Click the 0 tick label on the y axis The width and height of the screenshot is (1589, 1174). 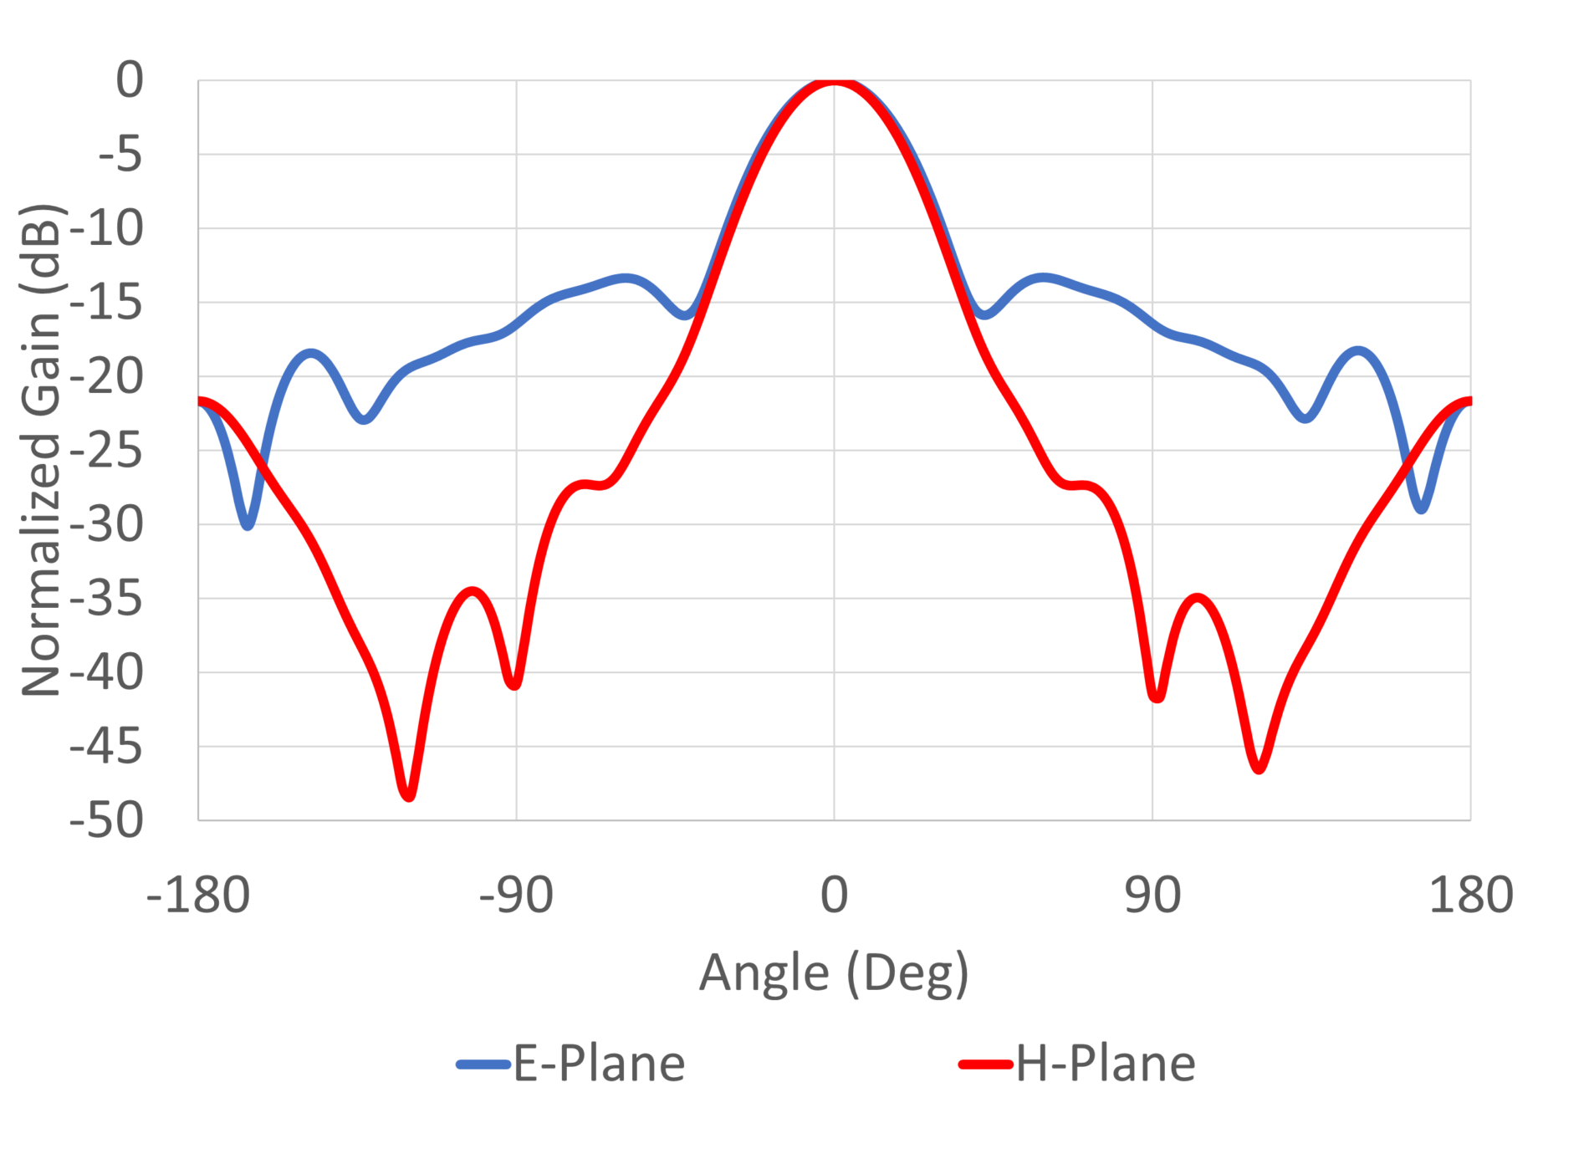(x=130, y=81)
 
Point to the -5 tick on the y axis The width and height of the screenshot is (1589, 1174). (x=120, y=155)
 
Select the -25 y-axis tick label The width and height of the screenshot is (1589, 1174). (x=107, y=452)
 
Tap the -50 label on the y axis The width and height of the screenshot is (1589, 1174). (x=107, y=820)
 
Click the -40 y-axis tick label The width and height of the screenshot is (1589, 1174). (x=107, y=672)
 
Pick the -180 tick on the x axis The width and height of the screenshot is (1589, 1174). (x=198, y=895)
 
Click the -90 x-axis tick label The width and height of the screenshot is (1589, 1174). (x=516, y=895)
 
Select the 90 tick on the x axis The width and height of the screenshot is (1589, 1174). (x=1152, y=895)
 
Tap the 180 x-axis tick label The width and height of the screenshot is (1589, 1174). (x=1470, y=895)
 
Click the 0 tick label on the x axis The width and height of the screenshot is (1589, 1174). (x=834, y=895)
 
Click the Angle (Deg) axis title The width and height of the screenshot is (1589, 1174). (x=834, y=973)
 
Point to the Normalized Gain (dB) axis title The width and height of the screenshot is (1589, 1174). (x=42, y=450)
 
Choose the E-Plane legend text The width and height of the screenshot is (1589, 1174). (x=599, y=1064)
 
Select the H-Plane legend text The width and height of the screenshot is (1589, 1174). (x=1106, y=1064)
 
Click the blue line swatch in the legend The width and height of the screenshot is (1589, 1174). (x=483, y=1064)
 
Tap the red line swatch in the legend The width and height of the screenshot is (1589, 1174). (x=986, y=1064)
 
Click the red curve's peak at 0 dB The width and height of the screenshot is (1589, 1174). (x=834, y=82)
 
